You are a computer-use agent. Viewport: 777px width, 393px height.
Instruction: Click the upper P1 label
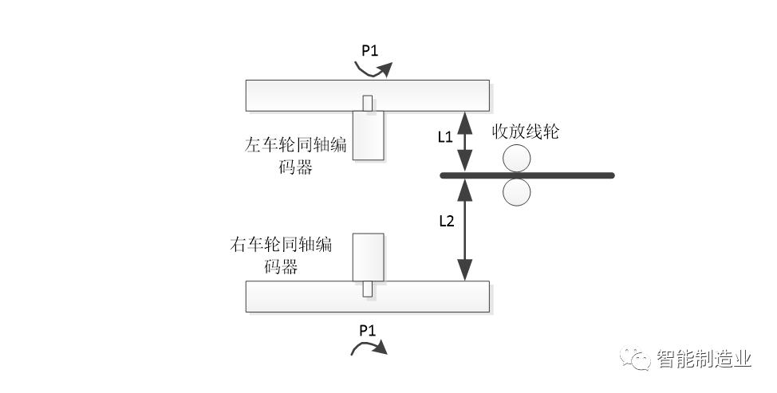[369, 50]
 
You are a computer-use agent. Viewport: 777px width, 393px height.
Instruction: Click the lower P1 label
[368, 329]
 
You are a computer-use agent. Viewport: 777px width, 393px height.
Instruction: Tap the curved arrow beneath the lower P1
[369, 346]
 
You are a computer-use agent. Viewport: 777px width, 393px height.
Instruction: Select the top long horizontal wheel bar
[367, 95]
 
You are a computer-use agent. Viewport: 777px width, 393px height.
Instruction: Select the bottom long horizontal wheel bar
[367, 297]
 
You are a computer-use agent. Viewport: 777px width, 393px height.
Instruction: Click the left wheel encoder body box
[368, 135]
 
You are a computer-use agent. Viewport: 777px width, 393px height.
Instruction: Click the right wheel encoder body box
[368, 257]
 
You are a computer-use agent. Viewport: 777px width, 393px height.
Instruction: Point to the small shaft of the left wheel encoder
[367, 104]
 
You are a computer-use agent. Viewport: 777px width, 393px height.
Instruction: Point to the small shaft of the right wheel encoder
[368, 289]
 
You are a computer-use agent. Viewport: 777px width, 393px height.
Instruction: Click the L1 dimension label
[445, 137]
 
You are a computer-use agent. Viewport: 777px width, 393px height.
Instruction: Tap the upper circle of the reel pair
[517, 159]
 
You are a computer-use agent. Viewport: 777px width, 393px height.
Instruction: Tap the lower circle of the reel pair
[517, 192]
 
